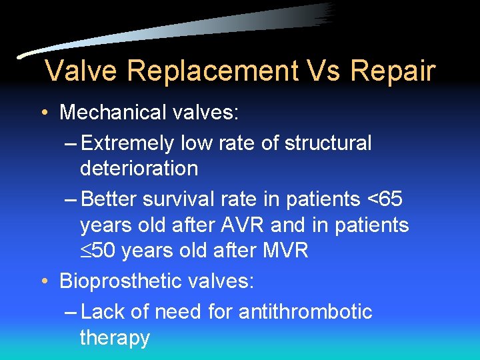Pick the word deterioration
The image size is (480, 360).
139,169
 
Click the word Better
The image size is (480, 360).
115,199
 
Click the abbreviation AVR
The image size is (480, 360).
256,225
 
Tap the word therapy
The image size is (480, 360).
115,337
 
